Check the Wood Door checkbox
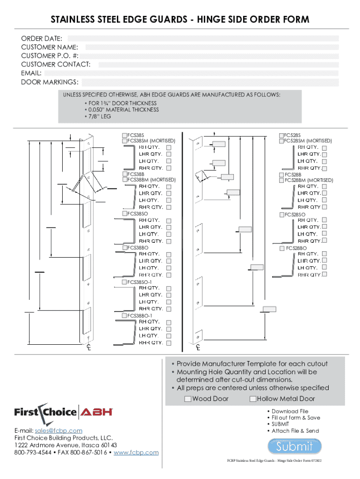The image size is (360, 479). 188,399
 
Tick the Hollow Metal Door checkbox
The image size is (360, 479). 253,399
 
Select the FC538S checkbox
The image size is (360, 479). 125,135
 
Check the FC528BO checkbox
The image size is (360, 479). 282,248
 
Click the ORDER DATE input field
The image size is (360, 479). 203,38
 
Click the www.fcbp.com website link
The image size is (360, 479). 136,452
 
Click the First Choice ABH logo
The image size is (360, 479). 64,412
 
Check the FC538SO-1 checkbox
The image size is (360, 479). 125,282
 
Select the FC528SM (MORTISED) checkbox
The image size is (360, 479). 282,140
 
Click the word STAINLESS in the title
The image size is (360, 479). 73,19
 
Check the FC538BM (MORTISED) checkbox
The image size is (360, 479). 125,179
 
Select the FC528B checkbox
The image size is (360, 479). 282,174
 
